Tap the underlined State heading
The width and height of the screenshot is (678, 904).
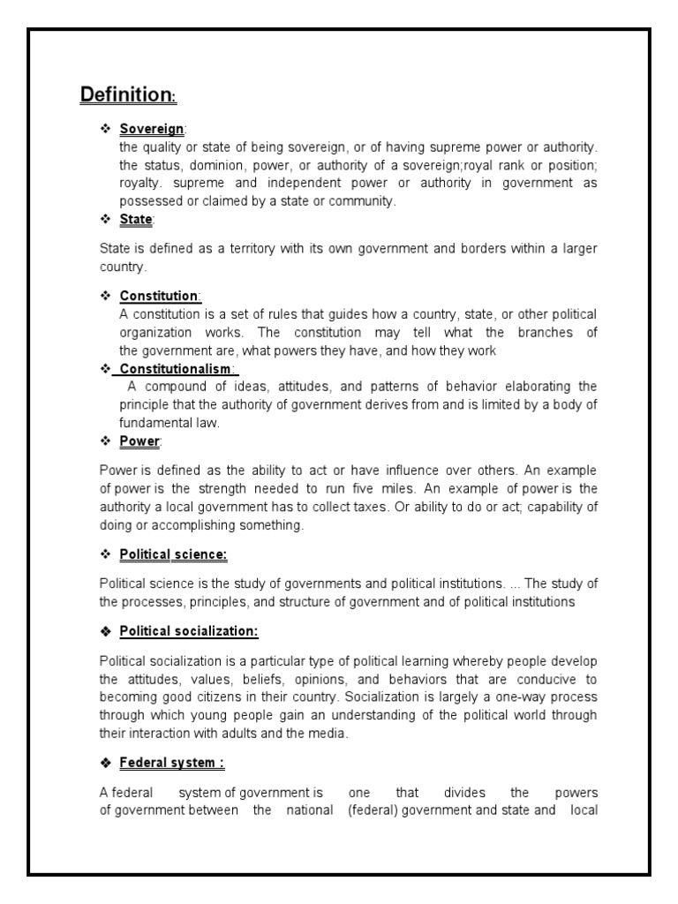pyautogui.click(x=137, y=218)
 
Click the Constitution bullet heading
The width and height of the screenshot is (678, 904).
pyautogui.click(x=160, y=297)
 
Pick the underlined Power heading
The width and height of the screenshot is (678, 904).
pyautogui.click(x=140, y=440)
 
